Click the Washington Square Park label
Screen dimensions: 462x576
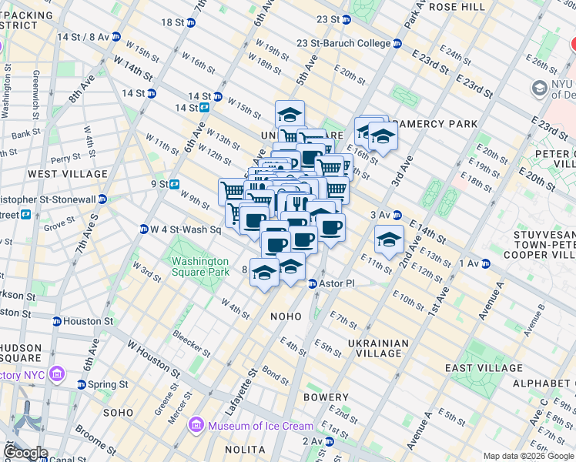tap(199, 266)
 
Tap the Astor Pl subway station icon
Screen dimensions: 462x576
tap(313, 284)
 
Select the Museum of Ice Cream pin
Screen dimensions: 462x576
tap(196, 426)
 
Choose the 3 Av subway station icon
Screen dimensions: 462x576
tap(397, 215)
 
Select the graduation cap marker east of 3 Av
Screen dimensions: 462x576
tap(390, 239)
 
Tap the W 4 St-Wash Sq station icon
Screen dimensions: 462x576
tap(143, 229)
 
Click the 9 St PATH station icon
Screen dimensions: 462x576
tap(175, 184)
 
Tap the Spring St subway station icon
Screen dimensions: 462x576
tap(81, 384)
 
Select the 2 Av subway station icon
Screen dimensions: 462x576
tap(329, 441)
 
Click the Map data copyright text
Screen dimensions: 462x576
tap(527, 456)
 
